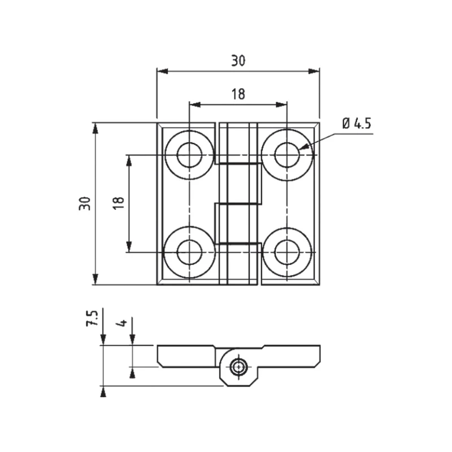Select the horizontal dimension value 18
tap(238, 94)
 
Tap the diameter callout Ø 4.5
tap(356, 124)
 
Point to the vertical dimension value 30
tap(85, 203)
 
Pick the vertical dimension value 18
tap(118, 203)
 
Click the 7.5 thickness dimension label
tap(92, 318)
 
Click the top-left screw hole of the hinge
tap(189, 154)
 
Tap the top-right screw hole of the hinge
tap(287, 154)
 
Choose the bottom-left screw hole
tap(189, 252)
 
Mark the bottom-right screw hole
tap(287, 252)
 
